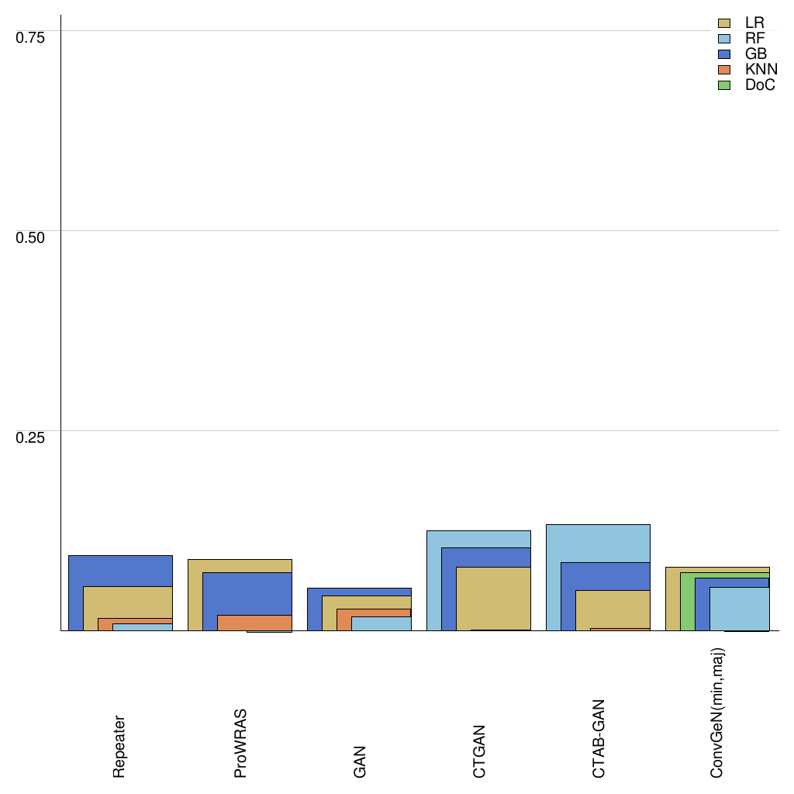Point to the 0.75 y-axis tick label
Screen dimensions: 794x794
coord(31,37)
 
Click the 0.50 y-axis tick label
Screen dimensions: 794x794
coord(31,236)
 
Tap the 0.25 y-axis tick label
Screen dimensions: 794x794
coord(31,437)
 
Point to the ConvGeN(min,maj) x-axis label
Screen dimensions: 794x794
coord(718,713)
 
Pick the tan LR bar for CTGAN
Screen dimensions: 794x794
coord(493,598)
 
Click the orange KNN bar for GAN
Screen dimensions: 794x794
coord(343,619)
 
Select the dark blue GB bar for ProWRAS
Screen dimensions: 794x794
coord(247,593)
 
